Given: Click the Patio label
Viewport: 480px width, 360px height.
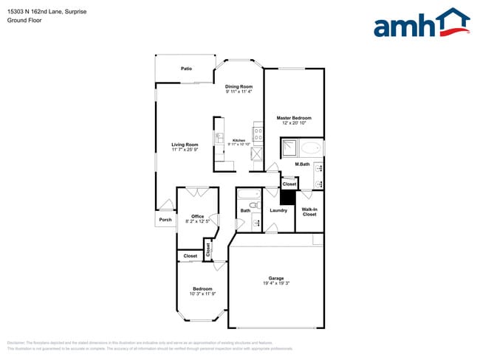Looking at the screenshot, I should (187, 69).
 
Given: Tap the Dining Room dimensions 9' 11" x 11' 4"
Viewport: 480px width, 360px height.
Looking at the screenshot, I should (239, 91).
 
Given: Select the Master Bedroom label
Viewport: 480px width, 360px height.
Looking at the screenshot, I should (294, 118).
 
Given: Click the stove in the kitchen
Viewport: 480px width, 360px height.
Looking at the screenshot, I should (258, 134).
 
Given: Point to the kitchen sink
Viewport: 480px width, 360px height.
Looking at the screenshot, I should (219, 138).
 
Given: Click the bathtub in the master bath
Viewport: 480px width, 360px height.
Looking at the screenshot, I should (312, 148).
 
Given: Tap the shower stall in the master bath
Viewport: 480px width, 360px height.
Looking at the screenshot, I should (289, 148).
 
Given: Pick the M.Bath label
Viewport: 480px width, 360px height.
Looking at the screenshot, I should (301, 164).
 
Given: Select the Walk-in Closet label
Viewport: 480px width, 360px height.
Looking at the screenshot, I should (309, 212).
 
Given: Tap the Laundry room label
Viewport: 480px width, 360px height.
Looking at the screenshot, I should (278, 211).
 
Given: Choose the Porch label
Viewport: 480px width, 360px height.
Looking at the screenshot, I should (165, 219).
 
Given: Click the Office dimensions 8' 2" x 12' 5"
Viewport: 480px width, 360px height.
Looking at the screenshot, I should (197, 221).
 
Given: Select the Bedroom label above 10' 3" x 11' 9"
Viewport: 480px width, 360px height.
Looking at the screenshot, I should (202, 288).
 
